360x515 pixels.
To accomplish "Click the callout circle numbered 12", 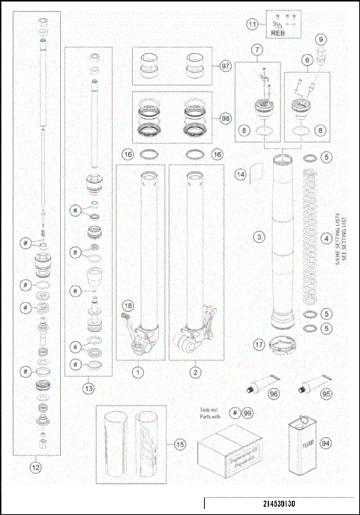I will (x=34, y=467).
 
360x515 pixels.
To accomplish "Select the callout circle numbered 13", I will (x=88, y=388).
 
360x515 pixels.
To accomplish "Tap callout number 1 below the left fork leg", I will (x=137, y=371).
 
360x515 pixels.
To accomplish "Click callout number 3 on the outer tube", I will (x=258, y=238).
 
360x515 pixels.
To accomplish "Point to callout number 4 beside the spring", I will (x=325, y=239).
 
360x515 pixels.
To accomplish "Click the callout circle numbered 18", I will (x=128, y=306).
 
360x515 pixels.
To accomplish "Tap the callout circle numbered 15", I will (x=179, y=445).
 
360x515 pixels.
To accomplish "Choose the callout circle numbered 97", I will (x=226, y=65).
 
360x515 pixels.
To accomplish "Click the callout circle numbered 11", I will (x=252, y=25).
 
